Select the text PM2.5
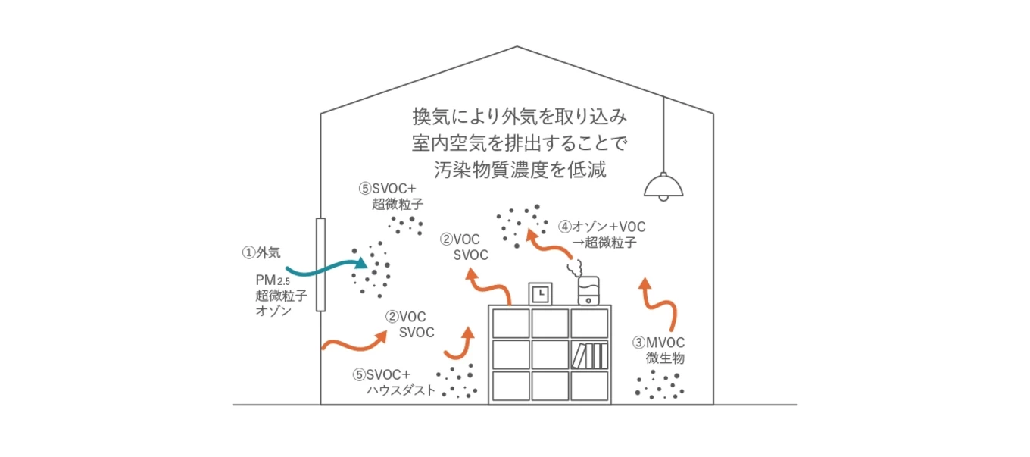pos(273,280)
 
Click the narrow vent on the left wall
pos(320,264)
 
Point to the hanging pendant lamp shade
pos(663,185)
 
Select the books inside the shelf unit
pos(591,355)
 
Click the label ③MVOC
pos(658,343)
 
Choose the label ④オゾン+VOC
pos(602,226)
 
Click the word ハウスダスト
pos(401,390)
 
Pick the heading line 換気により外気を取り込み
pos(520,117)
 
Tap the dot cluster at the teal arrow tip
pos(372,271)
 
